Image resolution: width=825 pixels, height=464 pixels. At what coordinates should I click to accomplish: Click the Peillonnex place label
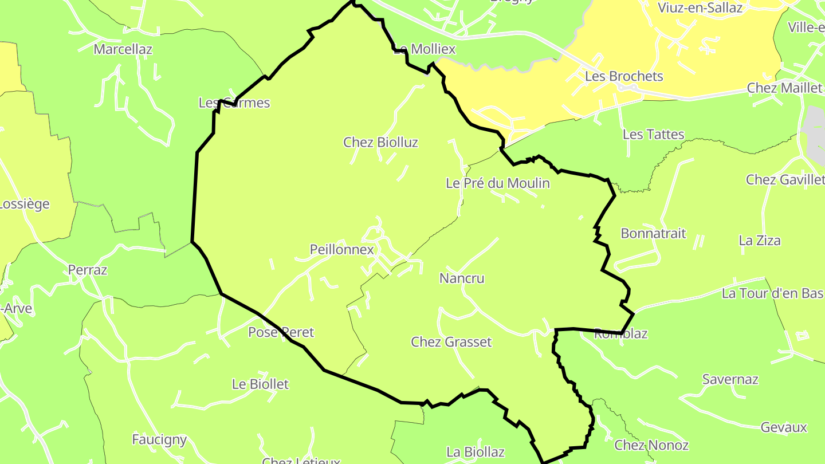tap(341, 250)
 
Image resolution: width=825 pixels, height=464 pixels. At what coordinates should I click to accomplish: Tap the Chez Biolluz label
tap(380, 142)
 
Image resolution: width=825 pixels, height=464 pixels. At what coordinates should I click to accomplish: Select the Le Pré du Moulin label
tap(497, 183)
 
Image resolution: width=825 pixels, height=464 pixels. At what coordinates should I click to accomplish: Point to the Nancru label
tap(462, 278)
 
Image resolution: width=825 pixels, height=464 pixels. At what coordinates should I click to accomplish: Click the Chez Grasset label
tap(451, 342)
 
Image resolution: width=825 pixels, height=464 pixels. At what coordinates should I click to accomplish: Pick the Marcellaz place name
tap(123, 49)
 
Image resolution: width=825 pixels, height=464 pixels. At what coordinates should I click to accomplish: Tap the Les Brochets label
tap(624, 76)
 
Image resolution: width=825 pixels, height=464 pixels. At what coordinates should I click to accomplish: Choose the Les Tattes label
tap(653, 135)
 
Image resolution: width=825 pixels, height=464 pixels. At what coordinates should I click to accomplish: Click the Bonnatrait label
tap(653, 234)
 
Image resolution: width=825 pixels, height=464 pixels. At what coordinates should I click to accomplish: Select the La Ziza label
tap(760, 241)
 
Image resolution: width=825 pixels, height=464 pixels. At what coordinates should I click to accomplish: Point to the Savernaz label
tap(730, 380)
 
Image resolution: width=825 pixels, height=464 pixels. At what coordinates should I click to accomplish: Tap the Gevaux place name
tap(784, 427)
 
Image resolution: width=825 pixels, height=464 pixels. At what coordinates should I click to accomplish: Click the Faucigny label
tap(159, 439)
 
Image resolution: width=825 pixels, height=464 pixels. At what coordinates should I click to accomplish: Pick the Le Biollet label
tap(260, 384)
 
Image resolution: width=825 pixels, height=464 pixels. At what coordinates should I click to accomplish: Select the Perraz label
tap(88, 270)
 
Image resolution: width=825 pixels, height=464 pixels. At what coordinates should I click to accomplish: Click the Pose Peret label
tap(281, 332)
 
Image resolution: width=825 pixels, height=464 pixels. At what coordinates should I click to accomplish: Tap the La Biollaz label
tap(476, 452)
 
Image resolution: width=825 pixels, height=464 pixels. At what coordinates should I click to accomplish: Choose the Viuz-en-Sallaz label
tap(700, 7)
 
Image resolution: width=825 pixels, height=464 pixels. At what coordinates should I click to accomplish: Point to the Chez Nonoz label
tap(651, 445)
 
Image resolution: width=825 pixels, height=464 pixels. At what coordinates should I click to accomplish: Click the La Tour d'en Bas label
tap(772, 294)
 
